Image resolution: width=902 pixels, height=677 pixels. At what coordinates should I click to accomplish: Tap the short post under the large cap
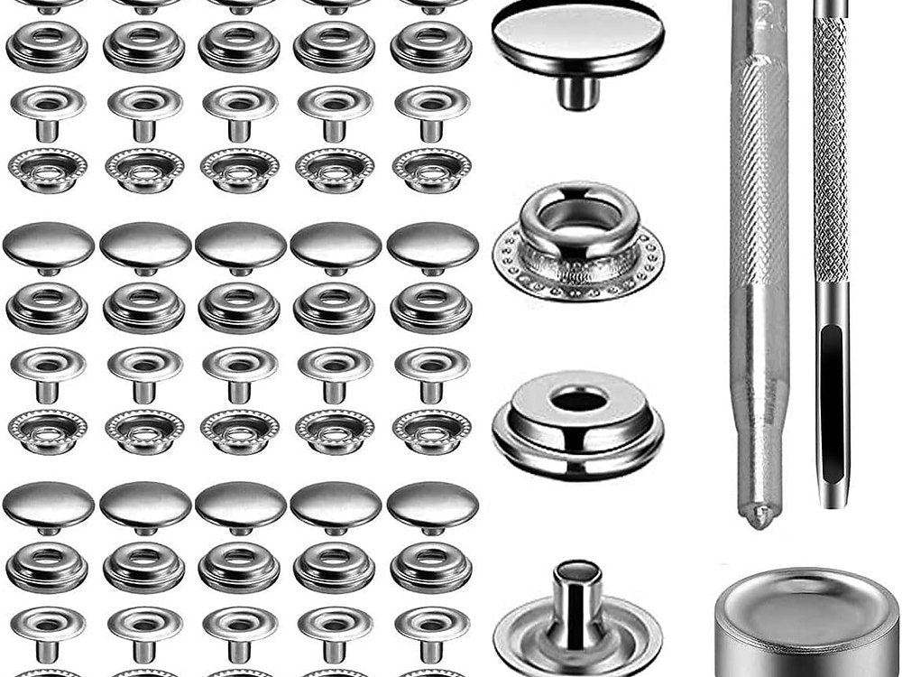point(578,91)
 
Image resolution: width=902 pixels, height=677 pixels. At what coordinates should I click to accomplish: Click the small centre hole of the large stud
point(578,400)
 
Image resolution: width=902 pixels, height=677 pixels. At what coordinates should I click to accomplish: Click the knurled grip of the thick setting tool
point(759,162)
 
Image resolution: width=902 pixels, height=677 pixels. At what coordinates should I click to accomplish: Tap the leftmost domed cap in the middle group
point(49,245)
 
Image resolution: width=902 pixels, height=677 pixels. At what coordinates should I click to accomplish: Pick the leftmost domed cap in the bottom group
point(49,504)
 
